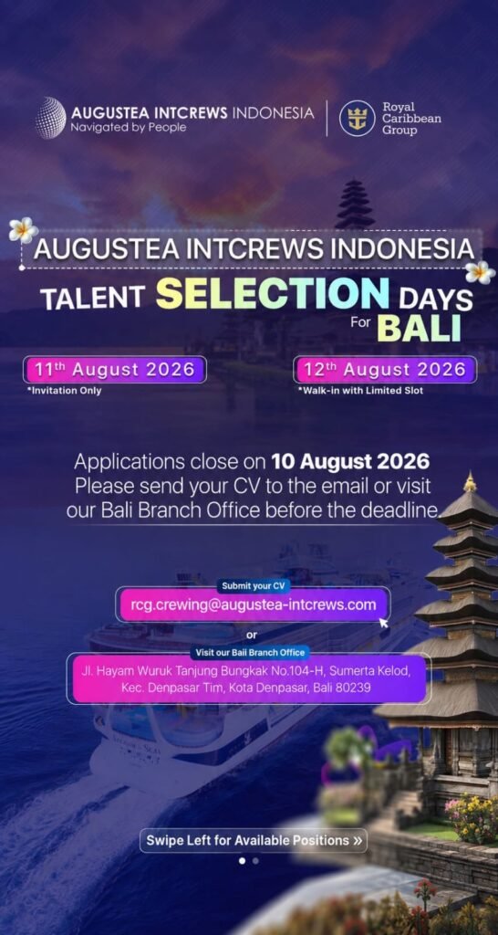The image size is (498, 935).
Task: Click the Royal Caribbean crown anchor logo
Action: click(x=357, y=118)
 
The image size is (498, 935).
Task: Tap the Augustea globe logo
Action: click(x=51, y=118)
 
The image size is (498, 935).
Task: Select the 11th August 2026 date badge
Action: click(x=114, y=369)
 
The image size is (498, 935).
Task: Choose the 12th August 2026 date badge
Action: click(x=385, y=369)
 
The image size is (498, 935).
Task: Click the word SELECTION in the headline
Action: click(x=272, y=293)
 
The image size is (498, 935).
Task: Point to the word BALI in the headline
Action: click(x=420, y=328)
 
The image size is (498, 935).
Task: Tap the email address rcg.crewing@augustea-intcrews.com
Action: click(x=254, y=604)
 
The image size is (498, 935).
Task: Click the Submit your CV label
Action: click(x=254, y=585)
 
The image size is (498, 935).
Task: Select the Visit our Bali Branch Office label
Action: click(x=251, y=652)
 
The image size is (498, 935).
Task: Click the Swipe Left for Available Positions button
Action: click(x=254, y=840)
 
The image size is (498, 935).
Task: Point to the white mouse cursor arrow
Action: click(x=384, y=622)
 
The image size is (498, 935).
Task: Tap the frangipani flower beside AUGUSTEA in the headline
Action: click(x=23, y=230)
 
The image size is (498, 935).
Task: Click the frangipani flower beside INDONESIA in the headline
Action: click(x=480, y=272)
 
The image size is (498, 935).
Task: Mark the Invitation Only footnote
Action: click(x=64, y=391)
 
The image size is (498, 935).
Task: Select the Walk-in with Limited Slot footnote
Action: click(x=360, y=391)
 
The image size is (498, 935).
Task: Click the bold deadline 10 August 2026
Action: click(x=350, y=461)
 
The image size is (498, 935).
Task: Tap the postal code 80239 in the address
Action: click(x=353, y=688)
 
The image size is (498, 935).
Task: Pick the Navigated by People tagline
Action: click(x=129, y=127)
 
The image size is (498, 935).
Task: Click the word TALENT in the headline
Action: click(x=93, y=297)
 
